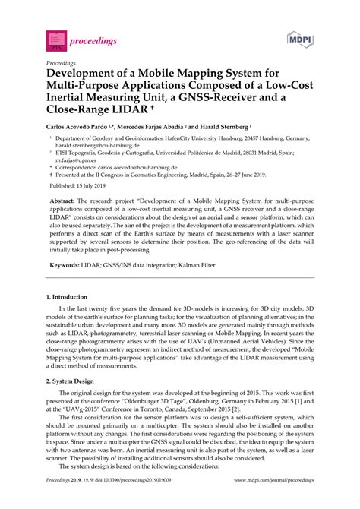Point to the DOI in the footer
[131, 501]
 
